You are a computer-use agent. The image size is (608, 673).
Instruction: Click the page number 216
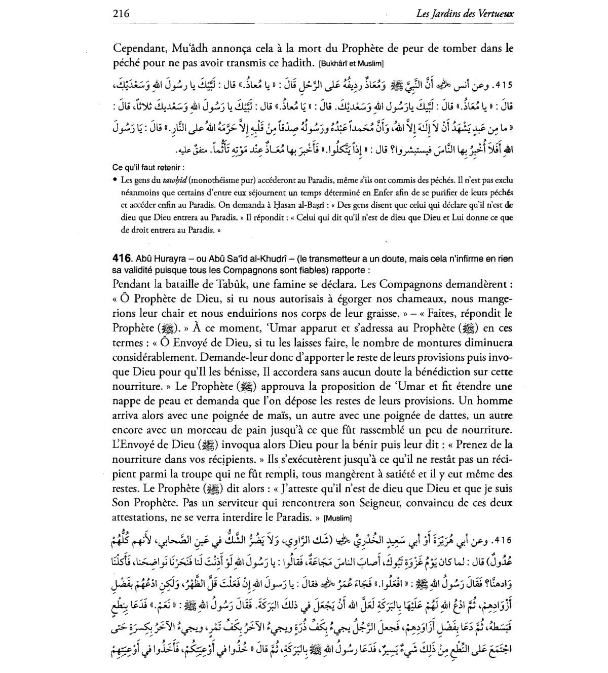[121, 14]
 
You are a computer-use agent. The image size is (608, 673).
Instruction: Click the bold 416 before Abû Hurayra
[121, 259]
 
